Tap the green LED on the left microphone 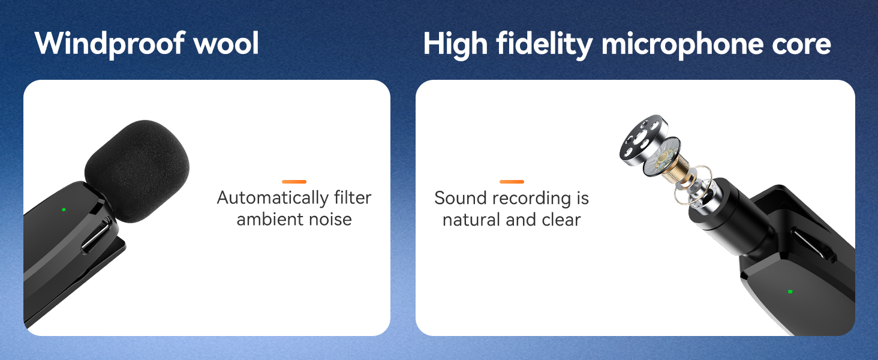click(x=64, y=210)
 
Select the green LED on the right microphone click(x=790, y=292)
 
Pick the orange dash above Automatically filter click(x=294, y=181)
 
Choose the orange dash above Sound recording click(x=512, y=181)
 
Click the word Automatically click(x=272, y=198)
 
